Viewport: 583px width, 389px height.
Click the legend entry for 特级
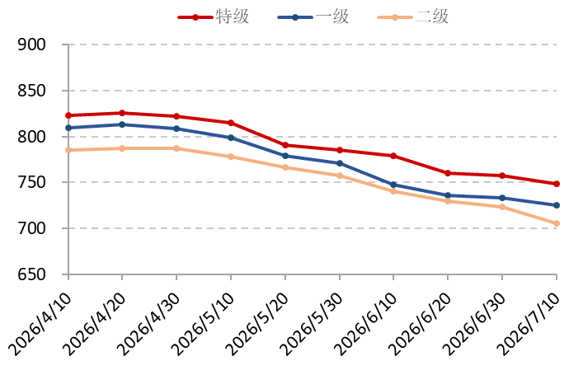pos(214,17)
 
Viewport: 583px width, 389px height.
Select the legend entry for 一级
pos(313,17)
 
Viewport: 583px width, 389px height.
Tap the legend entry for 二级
pos(413,17)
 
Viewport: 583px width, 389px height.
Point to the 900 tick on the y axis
pos(31,45)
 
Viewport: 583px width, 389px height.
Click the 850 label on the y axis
pos(31,91)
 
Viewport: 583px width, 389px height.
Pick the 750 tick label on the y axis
pos(31,182)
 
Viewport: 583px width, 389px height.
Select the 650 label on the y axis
pos(31,274)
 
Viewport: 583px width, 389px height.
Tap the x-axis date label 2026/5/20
pos(257,325)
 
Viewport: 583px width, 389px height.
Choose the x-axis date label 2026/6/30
pos(474,325)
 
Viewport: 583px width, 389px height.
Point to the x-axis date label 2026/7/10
pos(529,325)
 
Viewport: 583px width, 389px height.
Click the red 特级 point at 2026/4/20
pos(122,113)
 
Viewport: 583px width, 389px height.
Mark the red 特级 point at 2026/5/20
pos(285,145)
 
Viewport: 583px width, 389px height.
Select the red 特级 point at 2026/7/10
pos(557,184)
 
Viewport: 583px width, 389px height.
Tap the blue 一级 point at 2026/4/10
pos(68,128)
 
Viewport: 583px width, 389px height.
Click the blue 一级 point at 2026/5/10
pos(231,138)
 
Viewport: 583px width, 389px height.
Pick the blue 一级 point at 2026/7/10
pos(557,205)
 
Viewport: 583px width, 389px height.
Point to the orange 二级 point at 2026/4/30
pos(176,148)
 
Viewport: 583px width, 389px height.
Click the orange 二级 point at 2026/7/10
pos(557,223)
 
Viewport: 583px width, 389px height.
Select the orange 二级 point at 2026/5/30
pos(340,176)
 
